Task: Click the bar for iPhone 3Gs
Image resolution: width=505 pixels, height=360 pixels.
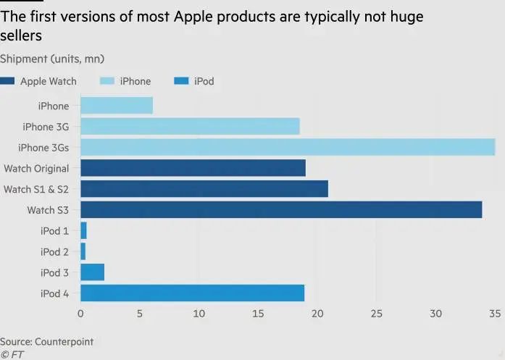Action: (x=288, y=148)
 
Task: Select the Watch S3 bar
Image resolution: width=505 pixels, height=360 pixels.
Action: (x=281, y=210)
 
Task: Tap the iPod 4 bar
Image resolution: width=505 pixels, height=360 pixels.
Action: (x=192, y=293)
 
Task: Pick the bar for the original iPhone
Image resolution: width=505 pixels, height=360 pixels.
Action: (x=117, y=106)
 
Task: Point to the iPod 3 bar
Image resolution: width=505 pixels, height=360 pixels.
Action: (x=92, y=272)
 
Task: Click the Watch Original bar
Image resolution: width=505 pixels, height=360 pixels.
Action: (x=193, y=169)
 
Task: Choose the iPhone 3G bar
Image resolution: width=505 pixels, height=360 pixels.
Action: (x=190, y=127)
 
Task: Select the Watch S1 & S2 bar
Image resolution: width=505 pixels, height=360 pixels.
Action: (x=204, y=189)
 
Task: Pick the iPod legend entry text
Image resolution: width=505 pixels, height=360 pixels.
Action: (x=204, y=82)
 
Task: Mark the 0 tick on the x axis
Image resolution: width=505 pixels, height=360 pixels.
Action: (x=80, y=314)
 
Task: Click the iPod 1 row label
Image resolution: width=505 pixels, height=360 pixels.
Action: (x=54, y=231)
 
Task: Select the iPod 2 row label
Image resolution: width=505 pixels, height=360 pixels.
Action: (x=54, y=251)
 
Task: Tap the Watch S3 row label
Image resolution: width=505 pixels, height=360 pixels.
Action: (x=48, y=210)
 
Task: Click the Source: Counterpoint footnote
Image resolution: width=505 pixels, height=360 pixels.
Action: (x=46, y=341)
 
